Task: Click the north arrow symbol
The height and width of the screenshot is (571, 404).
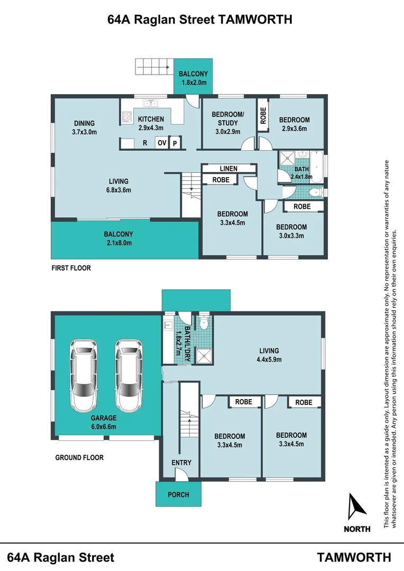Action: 356,506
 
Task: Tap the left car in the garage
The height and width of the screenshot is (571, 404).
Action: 84,375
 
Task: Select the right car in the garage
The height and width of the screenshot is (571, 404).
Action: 129,375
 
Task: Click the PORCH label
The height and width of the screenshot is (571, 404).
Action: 179,494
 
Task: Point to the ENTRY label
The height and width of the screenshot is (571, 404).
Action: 181,463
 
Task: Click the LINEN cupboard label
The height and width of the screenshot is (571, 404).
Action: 228,169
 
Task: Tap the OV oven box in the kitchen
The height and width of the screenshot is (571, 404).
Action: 162,143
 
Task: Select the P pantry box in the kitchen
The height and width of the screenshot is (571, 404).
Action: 175,143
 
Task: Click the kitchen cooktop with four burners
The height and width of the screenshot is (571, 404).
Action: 127,116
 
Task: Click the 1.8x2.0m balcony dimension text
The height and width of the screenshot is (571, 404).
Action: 194,82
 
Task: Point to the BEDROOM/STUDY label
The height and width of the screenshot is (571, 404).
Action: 228,118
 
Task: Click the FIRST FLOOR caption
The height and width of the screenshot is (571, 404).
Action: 71,268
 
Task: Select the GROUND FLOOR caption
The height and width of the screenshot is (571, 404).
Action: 79,457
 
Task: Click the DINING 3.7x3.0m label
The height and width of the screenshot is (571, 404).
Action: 85,127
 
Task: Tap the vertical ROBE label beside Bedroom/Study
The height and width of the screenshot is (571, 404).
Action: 263,115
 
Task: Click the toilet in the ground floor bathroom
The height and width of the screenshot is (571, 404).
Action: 204,323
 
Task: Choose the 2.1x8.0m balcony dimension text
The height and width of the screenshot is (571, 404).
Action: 120,243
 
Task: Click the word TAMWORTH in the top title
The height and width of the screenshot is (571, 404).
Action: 255,19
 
